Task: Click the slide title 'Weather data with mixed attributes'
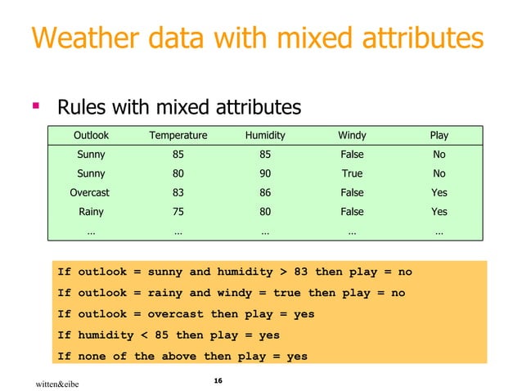click(x=256, y=38)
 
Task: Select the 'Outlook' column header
click(x=91, y=135)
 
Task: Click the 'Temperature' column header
click(x=178, y=135)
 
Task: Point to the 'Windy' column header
click(x=352, y=135)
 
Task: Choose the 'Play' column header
click(x=439, y=135)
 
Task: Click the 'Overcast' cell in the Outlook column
click(x=90, y=193)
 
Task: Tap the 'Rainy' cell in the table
click(x=90, y=213)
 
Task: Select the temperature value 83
click(x=178, y=193)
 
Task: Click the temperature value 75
click(x=178, y=213)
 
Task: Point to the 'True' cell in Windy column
click(x=352, y=173)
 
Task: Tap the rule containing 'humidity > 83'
click(x=234, y=272)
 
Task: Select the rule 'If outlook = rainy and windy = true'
click(x=231, y=293)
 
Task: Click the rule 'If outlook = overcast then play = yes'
click(x=186, y=314)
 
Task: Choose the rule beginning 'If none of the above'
click(x=182, y=357)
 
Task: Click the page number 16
click(x=218, y=380)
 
